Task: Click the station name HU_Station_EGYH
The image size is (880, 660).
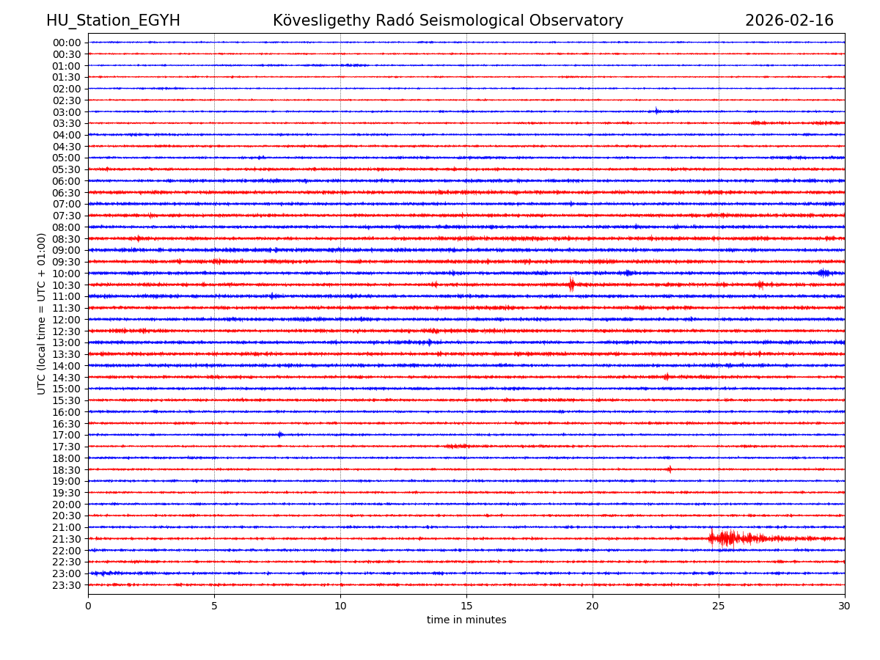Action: coord(113,21)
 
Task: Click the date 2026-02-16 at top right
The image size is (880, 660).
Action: coord(789,21)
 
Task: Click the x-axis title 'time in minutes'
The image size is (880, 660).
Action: coord(466,620)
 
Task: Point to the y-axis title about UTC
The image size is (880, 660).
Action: coord(42,313)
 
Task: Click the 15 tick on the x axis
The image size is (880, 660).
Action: coord(466,606)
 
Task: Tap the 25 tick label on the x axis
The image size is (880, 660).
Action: coord(719,606)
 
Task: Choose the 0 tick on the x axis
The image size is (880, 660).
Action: coord(88,606)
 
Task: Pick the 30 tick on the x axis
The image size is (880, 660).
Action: coord(845,606)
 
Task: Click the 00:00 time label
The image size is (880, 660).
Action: coord(67,43)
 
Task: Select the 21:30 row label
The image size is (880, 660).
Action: coord(67,539)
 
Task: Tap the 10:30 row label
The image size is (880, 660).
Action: coord(67,285)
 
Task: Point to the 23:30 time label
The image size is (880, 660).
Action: coord(67,585)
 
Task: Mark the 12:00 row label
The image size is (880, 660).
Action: coord(67,320)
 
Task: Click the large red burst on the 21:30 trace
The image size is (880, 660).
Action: coord(726,538)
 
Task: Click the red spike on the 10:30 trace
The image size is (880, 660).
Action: coord(571,285)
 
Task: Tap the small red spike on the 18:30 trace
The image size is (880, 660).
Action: coord(669,469)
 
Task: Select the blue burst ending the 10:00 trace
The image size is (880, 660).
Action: coord(824,273)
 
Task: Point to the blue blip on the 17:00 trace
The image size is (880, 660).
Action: coord(279,435)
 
